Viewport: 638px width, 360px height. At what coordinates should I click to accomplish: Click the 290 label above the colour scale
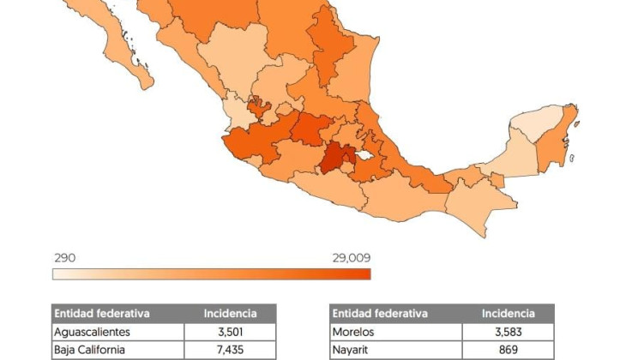click(x=63, y=258)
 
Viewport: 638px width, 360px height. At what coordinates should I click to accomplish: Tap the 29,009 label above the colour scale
click(x=351, y=258)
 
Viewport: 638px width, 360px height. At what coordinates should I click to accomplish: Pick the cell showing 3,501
click(x=230, y=331)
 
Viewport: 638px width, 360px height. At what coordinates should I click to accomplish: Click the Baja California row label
click(x=89, y=350)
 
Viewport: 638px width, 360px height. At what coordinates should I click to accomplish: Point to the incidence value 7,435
click(x=230, y=350)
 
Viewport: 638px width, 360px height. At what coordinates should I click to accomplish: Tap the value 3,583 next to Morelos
click(x=508, y=331)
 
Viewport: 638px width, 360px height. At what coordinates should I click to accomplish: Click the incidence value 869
click(x=508, y=350)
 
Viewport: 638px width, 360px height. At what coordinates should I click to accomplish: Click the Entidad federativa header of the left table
click(x=102, y=313)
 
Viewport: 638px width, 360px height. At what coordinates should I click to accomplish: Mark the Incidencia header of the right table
click(x=508, y=313)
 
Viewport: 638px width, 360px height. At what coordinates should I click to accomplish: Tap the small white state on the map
click(x=366, y=157)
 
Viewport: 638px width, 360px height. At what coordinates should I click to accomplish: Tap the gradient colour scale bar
click(x=211, y=274)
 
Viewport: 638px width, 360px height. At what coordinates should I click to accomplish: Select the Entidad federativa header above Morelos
click(x=380, y=313)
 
